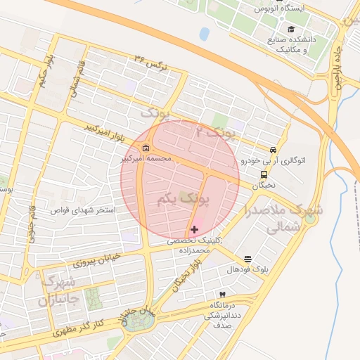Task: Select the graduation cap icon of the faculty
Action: [x=271, y=39]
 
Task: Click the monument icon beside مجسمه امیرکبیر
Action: [x=146, y=148]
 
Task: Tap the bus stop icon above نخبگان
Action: [x=264, y=174]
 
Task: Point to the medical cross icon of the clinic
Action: [x=194, y=230]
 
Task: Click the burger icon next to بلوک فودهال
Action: [x=247, y=259]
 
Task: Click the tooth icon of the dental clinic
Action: [x=223, y=294]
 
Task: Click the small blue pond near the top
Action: [x=204, y=34]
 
